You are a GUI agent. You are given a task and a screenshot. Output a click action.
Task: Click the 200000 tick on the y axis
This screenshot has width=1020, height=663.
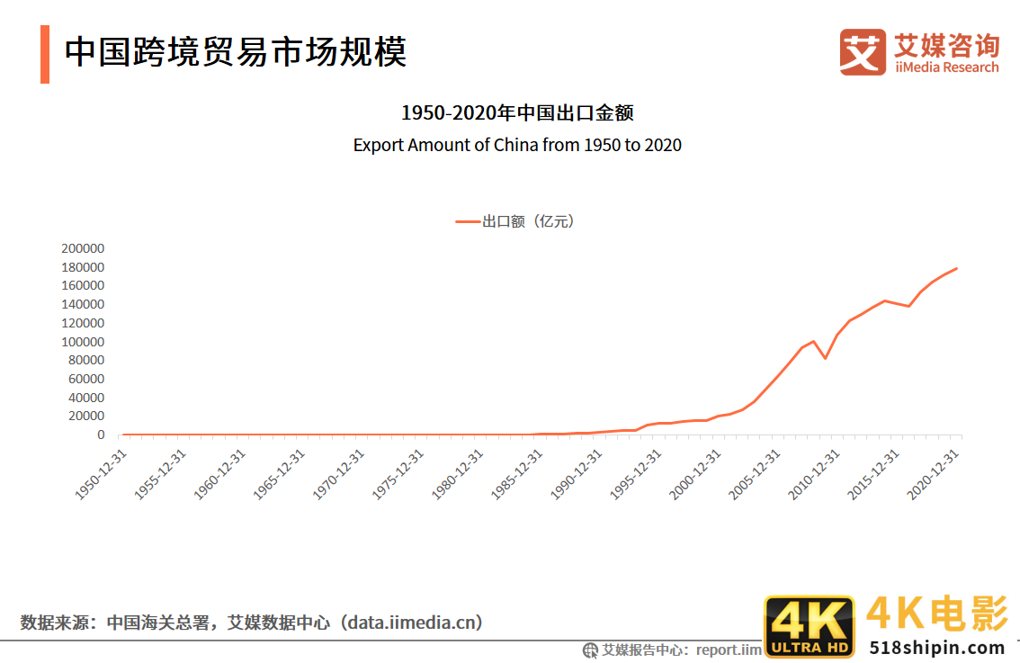pyautogui.click(x=83, y=248)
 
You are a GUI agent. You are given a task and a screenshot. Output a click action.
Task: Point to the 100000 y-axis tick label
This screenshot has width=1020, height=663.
pyautogui.click(x=83, y=342)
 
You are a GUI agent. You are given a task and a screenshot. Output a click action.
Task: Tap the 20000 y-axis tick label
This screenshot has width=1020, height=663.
pyautogui.click(x=86, y=417)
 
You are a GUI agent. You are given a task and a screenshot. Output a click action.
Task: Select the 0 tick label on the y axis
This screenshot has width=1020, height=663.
pyautogui.click(x=102, y=435)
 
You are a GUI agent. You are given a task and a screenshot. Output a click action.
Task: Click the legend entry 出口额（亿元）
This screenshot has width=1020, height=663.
pyautogui.click(x=514, y=221)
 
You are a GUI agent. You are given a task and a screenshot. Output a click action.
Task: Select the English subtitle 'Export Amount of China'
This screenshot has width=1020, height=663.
pyautogui.click(x=517, y=145)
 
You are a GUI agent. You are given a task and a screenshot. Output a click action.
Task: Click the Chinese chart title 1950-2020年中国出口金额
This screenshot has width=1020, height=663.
pyautogui.click(x=517, y=113)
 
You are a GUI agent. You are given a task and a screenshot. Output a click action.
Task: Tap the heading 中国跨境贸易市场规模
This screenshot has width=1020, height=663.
pyautogui.click(x=236, y=51)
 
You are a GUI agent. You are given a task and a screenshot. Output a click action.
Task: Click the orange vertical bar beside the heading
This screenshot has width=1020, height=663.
pyautogui.click(x=45, y=54)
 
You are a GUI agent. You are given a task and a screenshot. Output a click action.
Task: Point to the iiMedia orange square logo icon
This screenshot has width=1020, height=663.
pyautogui.click(x=863, y=52)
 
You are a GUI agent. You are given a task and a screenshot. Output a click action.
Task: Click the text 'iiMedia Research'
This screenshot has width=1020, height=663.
pyautogui.click(x=946, y=67)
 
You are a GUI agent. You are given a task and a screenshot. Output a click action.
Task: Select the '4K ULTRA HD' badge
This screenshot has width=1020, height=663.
pyautogui.click(x=809, y=627)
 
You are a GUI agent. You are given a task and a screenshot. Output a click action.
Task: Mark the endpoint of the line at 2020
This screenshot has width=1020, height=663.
pyautogui.click(x=956, y=268)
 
